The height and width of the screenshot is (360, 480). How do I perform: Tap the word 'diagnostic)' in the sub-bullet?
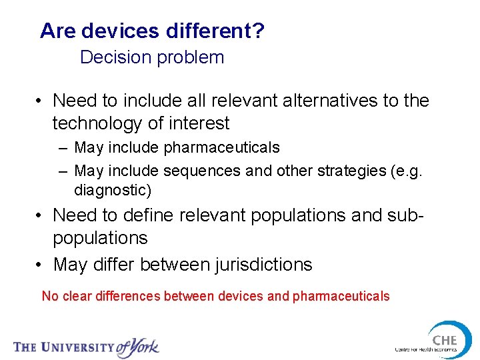113,190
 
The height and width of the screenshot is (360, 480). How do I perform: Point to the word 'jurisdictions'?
263,265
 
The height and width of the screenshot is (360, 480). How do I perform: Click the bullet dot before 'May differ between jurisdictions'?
41,265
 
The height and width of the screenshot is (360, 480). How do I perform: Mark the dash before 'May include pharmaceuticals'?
63,147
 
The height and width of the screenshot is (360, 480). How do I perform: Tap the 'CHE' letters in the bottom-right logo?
444,340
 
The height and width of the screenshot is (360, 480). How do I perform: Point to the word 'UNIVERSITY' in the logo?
77,347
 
